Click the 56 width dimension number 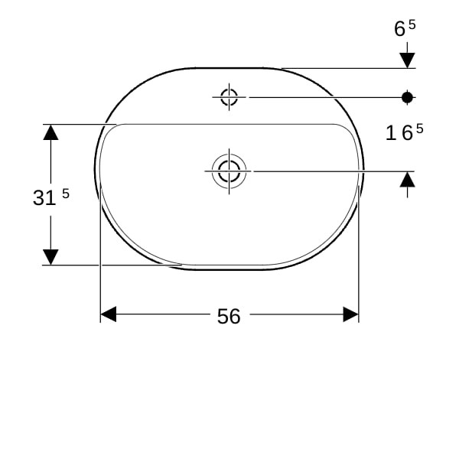[229, 317]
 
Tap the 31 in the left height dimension [44, 197]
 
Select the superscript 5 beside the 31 [66, 194]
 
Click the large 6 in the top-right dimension [399, 29]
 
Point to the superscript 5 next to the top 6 [412, 24]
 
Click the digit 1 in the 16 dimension [391, 133]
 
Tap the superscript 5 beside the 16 [420, 129]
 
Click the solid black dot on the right [407, 97]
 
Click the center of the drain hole [229, 171]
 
